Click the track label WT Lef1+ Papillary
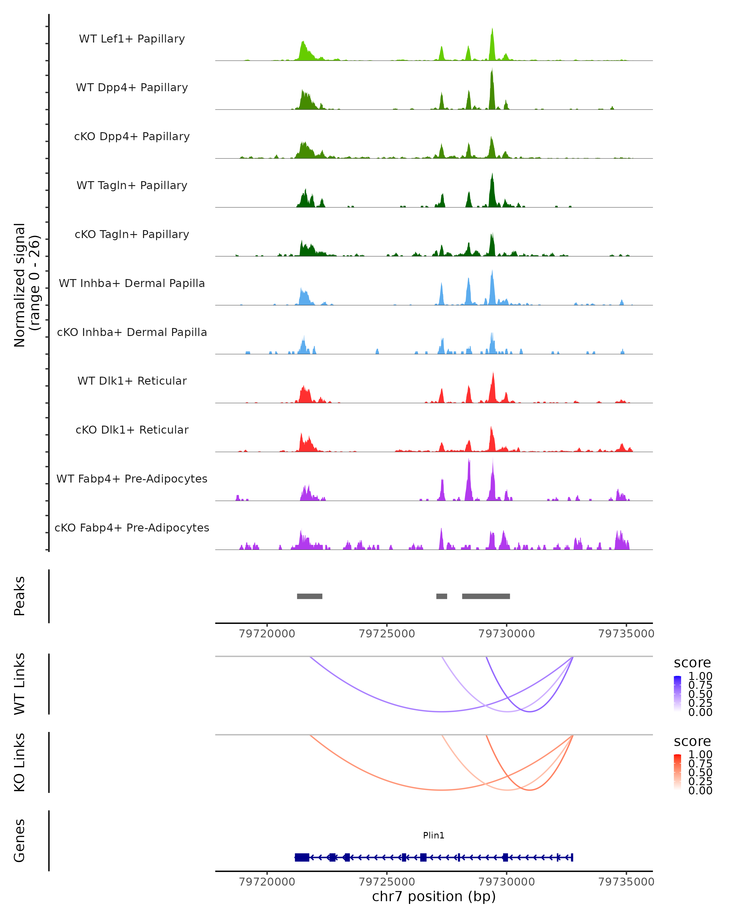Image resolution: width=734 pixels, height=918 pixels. pyautogui.click(x=132, y=39)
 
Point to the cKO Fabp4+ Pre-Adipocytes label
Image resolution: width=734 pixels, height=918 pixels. pyautogui.click(x=132, y=528)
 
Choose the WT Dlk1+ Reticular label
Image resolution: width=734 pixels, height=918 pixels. pyautogui.click(x=132, y=381)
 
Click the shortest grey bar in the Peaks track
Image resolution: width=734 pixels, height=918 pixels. pyautogui.click(x=442, y=596)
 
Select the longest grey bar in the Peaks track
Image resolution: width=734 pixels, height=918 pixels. pyautogui.click(x=486, y=596)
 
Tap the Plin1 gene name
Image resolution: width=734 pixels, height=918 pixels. pyautogui.click(x=434, y=835)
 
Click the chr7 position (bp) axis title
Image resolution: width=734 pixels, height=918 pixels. pyautogui.click(x=434, y=896)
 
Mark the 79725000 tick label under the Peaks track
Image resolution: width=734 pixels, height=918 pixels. pyautogui.click(x=387, y=634)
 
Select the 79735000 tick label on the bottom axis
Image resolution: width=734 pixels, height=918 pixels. pyautogui.click(x=626, y=881)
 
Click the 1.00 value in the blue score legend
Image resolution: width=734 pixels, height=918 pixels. pyautogui.click(x=700, y=676)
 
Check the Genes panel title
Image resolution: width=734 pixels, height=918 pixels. pyautogui.click(x=20, y=841)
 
